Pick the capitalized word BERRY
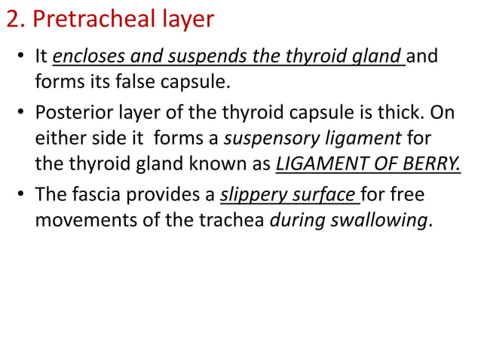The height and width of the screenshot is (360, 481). click(x=432, y=162)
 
